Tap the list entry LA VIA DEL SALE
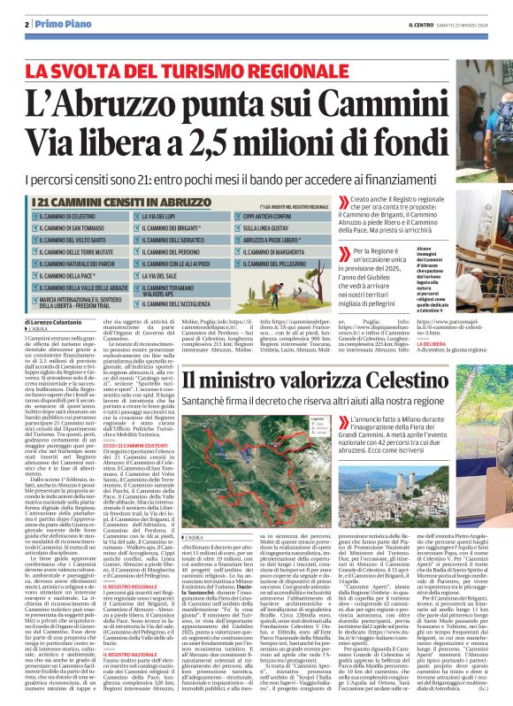[x=160, y=275]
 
